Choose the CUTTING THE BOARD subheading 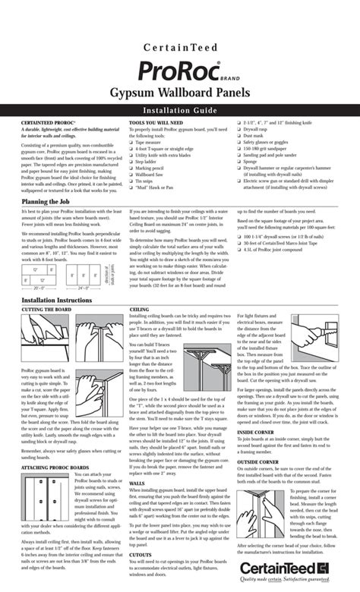[x=46, y=310]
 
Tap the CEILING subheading [x=139, y=310]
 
